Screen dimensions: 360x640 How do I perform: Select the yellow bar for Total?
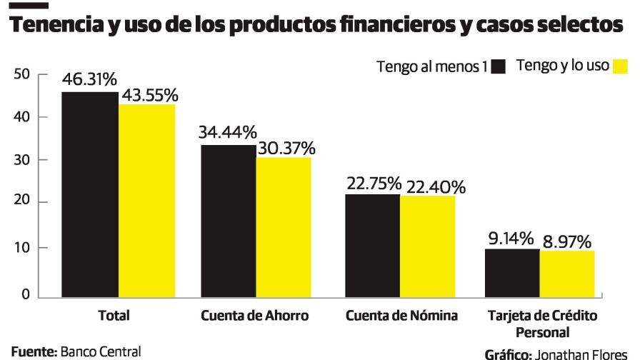[146, 201]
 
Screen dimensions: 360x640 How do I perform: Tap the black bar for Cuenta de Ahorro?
[229, 221]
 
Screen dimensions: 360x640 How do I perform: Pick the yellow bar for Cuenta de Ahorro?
[284, 227]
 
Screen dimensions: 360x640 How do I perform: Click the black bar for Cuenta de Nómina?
[372, 245]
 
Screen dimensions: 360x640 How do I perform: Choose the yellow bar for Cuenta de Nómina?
[427, 246]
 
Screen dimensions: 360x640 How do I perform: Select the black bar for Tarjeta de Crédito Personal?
[512, 273]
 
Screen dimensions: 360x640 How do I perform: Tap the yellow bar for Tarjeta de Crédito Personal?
[566, 274]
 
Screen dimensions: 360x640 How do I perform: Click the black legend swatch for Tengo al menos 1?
[499, 67]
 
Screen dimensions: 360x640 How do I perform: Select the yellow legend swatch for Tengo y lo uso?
[620, 66]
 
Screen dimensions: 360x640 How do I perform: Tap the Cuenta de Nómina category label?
[401, 316]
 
